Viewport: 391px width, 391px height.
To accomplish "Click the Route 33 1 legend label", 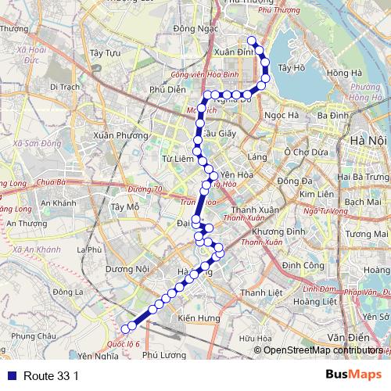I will point(52,376).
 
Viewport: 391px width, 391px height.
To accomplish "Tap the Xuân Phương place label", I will point(120,135).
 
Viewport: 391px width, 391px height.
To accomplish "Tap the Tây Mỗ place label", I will point(125,207).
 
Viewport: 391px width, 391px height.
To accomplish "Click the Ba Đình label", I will point(332,115).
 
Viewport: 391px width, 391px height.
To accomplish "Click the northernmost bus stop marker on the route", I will point(252,41).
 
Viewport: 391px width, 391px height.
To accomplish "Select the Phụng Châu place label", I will point(35,335).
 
